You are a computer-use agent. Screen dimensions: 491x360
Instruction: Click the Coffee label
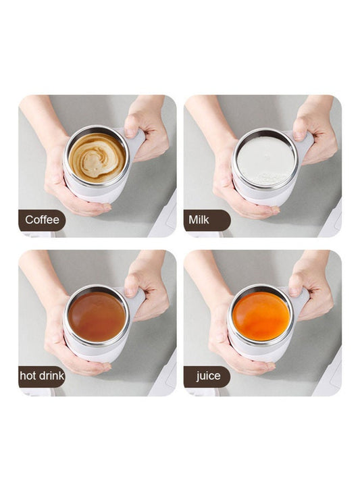click(42, 220)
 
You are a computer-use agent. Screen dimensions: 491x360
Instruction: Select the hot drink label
click(42, 376)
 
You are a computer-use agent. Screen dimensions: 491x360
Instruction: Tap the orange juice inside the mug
click(261, 316)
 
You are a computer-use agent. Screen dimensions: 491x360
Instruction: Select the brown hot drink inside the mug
click(97, 316)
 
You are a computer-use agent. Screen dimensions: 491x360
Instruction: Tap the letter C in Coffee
click(29, 220)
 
